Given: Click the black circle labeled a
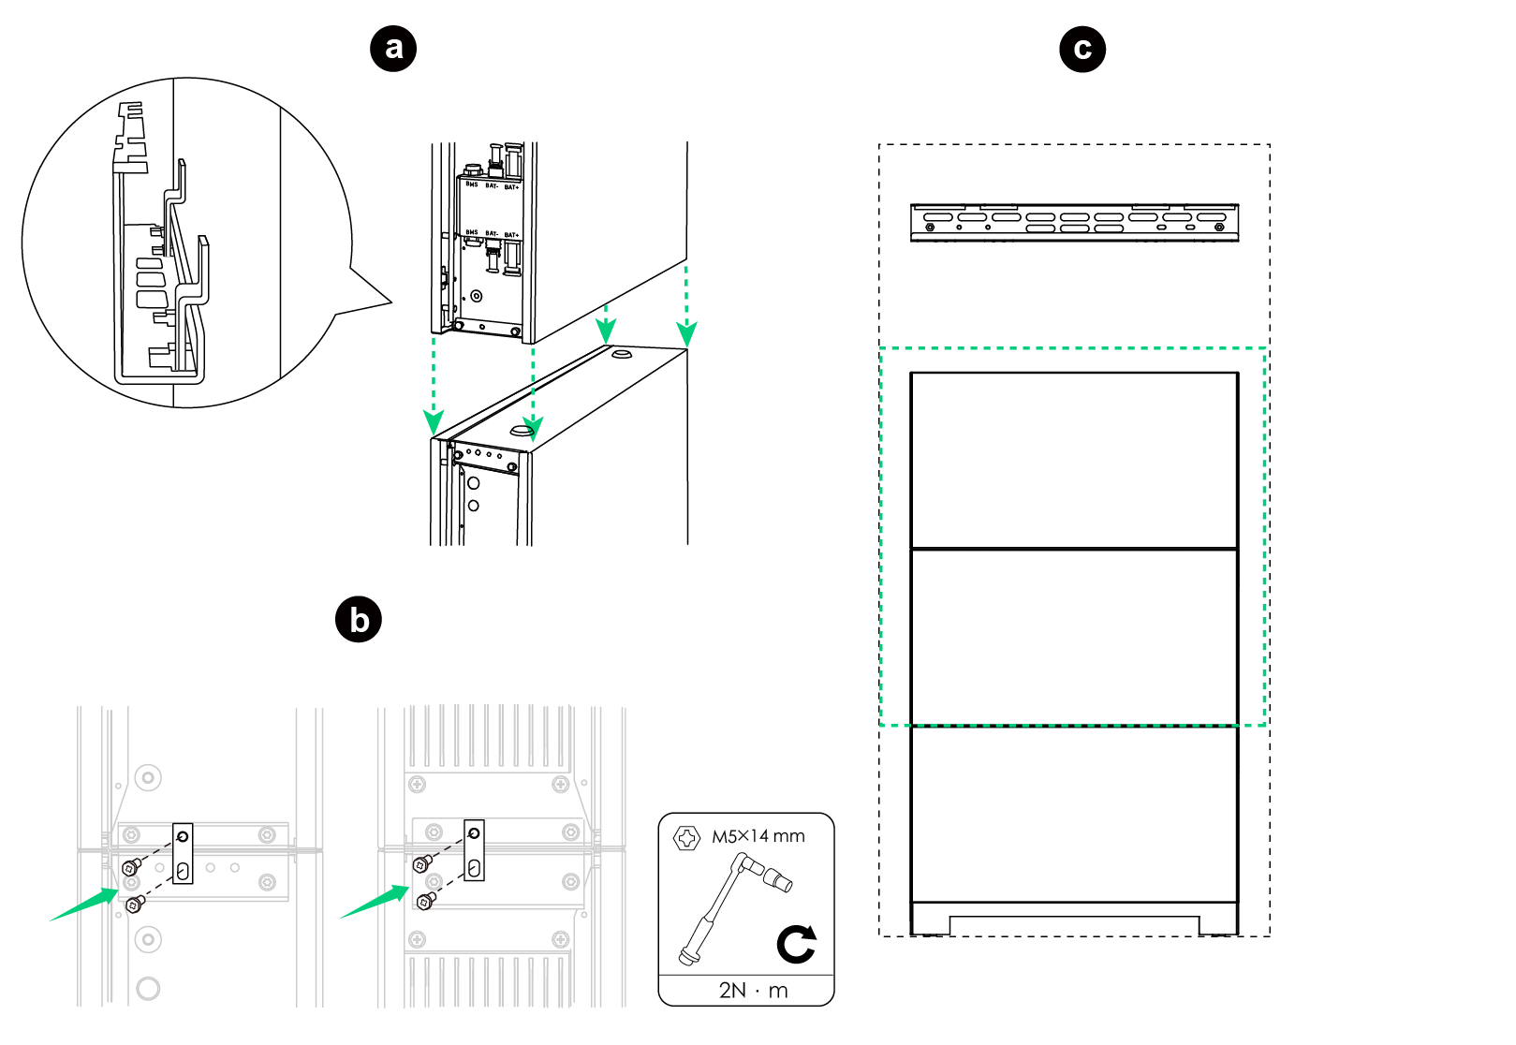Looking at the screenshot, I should point(393,48).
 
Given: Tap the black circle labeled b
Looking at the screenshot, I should point(359,620).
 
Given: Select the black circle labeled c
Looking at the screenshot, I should point(1082,49).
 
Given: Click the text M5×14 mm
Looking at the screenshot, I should point(758,836).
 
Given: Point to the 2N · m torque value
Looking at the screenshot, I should point(753,991).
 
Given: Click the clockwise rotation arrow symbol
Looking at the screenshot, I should point(797,944).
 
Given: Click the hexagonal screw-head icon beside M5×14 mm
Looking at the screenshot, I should point(686,838).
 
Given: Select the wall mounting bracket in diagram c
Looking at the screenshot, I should point(1074,223).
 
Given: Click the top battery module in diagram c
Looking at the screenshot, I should point(1074,460).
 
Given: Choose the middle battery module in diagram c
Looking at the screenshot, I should point(1074,637).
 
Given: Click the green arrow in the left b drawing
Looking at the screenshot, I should point(84,905).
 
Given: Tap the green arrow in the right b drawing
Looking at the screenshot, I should point(374,904).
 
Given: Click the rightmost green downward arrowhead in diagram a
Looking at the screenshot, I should point(687,334).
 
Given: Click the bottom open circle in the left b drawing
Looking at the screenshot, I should point(148,988).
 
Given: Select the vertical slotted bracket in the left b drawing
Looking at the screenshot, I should point(183,853).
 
